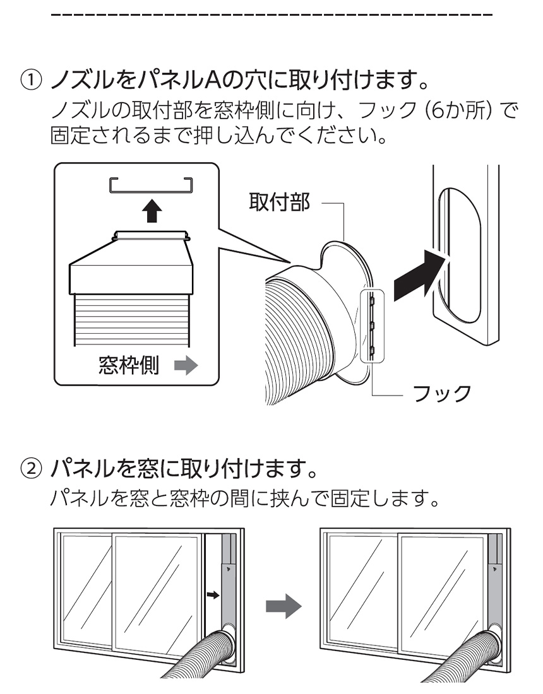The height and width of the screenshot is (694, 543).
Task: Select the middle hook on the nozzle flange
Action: tap(373, 326)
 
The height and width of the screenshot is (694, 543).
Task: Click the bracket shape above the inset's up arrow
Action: tap(150, 184)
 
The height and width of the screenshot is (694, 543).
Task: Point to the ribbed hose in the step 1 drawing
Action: tap(297, 334)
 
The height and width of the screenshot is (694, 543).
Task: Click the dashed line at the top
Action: tap(271, 14)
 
